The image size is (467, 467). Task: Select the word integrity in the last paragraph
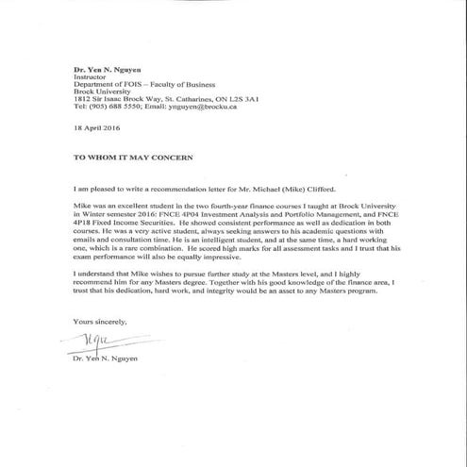pyautogui.click(x=212, y=290)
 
